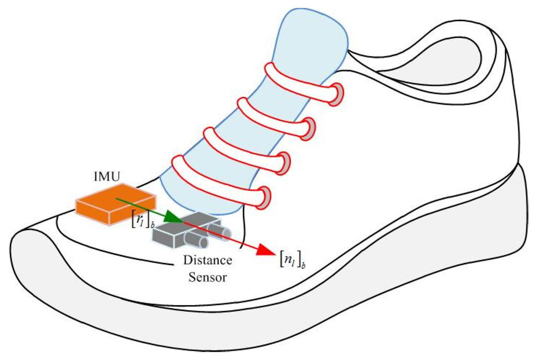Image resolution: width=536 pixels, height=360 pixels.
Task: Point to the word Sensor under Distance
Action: coord(208,277)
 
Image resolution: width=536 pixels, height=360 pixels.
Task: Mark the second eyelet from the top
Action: coord(310,127)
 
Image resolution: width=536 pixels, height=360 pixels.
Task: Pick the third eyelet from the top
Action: coord(285,162)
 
